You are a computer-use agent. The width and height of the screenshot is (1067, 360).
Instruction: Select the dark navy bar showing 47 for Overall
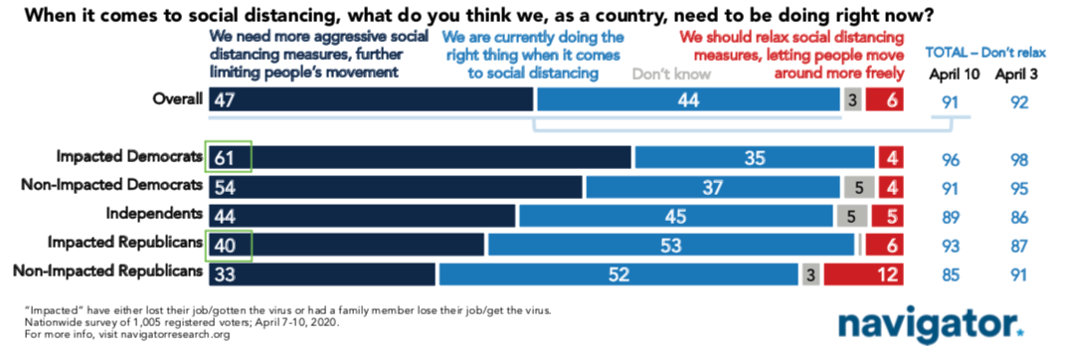(371, 100)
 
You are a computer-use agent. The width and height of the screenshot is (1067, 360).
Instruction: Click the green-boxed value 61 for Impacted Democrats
(229, 157)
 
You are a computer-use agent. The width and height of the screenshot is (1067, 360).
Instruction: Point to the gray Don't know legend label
(671, 73)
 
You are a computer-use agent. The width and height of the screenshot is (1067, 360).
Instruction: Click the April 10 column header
(954, 75)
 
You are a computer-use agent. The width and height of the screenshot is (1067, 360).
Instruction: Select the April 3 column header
(1016, 75)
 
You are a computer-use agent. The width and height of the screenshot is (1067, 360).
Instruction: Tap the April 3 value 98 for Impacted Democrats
(1018, 161)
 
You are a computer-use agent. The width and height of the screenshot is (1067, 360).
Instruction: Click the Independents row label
(154, 214)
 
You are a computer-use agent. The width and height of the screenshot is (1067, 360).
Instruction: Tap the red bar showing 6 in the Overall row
(885, 100)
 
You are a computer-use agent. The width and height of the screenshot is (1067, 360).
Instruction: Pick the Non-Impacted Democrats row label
(112, 184)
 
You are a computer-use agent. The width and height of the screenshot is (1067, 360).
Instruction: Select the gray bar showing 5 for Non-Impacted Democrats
(854, 187)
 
